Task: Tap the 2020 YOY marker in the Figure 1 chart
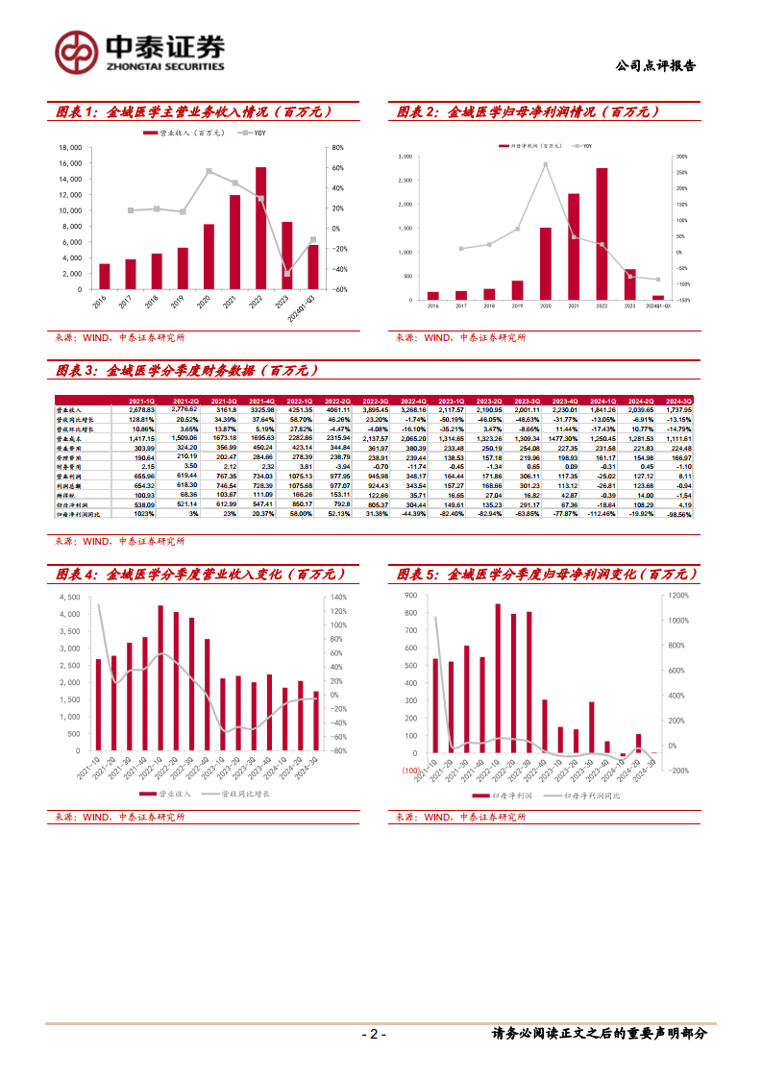pos(209,171)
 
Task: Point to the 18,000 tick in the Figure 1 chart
pos(70,148)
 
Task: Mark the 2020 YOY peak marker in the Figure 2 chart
pos(546,164)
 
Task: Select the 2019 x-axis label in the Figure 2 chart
pos(517,306)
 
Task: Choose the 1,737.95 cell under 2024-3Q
pos(676,410)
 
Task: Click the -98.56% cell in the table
pos(676,515)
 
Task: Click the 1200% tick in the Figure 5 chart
pos(679,596)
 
